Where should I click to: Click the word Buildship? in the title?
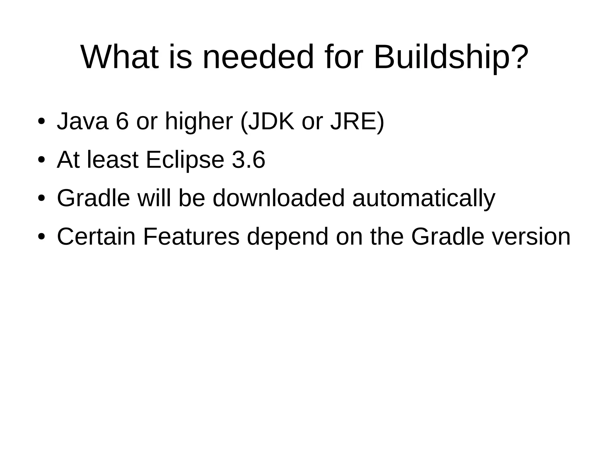click(x=451, y=57)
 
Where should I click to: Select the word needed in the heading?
click(x=258, y=57)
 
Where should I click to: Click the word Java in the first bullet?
click(x=82, y=121)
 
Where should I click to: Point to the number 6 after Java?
click(x=122, y=121)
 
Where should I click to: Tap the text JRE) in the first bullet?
click(x=357, y=121)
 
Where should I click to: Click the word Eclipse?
click(x=185, y=160)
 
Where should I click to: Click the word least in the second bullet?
click(x=113, y=160)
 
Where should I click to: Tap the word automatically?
click(x=424, y=199)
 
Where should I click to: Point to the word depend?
click(x=287, y=237)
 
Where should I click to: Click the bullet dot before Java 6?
click(x=41, y=122)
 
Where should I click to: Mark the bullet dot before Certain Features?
click(x=41, y=237)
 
